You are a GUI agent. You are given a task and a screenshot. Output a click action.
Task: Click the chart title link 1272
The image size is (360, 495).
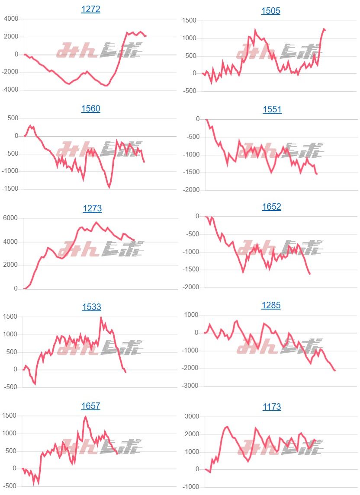click(x=91, y=9)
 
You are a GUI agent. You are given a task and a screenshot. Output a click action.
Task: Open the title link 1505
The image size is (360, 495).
click(x=271, y=11)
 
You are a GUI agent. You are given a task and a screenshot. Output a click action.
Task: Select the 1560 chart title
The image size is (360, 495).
click(x=91, y=109)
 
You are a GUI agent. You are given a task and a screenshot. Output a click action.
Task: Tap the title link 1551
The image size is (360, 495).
click(x=272, y=109)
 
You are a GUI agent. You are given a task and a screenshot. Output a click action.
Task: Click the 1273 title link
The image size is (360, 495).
click(x=92, y=208)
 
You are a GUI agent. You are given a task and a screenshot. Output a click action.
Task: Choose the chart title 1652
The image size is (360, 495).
click(x=272, y=207)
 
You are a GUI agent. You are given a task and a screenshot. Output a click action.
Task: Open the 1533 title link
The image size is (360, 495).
click(x=92, y=307)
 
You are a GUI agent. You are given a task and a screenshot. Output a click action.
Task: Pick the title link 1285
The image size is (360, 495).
click(x=271, y=305)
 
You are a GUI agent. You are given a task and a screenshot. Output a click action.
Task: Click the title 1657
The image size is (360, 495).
click(x=91, y=406)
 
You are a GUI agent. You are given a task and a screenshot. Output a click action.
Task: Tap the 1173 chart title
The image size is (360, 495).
click(x=272, y=407)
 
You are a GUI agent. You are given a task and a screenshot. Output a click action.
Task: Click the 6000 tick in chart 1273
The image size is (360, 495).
click(x=11, y=218)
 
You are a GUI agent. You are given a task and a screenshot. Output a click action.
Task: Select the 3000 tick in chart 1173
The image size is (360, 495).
click(x=191, y=417)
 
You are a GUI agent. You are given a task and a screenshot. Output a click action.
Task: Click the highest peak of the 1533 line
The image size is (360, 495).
click(x=101, y=318)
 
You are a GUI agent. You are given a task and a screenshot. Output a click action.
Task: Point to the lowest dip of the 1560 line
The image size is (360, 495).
click(x=109, y=187)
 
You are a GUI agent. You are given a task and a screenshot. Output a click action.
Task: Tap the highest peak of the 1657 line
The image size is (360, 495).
click(x=86, y=417)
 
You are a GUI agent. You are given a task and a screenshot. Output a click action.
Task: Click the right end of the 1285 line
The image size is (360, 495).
click(x=335, y=370)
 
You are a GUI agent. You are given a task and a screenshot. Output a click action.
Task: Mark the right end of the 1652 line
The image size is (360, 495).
click(x=310, y=274)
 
